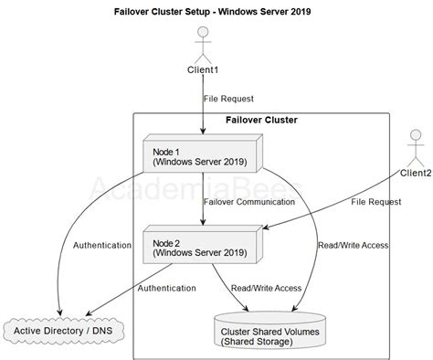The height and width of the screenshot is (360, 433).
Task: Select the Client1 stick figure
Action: tap(203, 46)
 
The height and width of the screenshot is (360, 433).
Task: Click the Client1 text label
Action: tap(203, 70)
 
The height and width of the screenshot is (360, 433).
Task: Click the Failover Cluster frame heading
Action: tap(261, 120)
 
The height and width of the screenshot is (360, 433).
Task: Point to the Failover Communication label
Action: tap(250, 201)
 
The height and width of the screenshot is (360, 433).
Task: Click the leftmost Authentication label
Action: tap(102, 246)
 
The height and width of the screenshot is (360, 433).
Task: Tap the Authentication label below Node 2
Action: tap(166, 288)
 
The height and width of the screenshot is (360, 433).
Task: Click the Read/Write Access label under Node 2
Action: tap(267, 288)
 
